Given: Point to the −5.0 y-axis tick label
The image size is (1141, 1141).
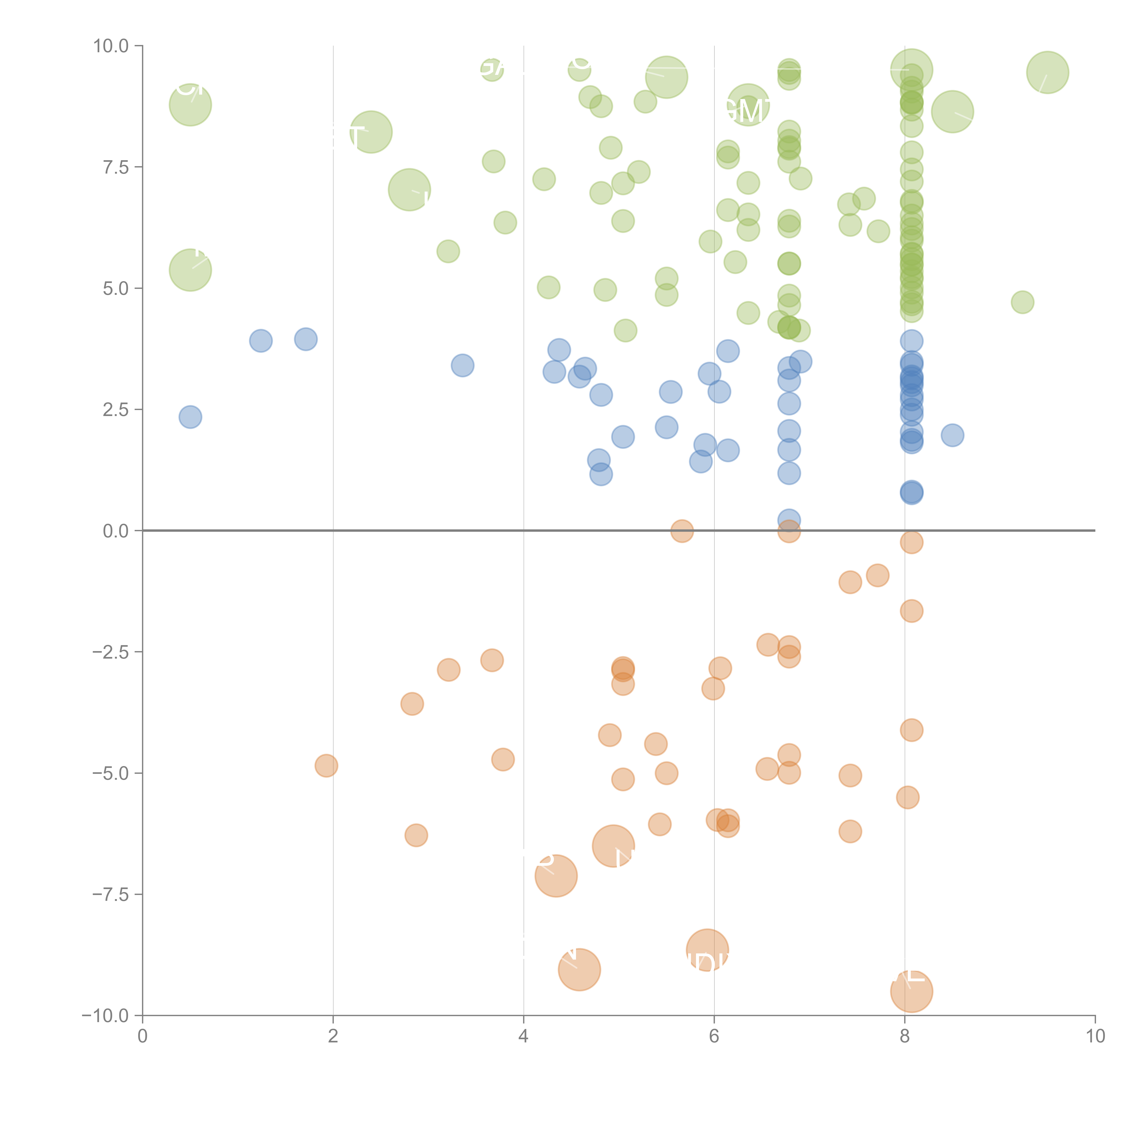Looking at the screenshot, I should [x=110, y=773].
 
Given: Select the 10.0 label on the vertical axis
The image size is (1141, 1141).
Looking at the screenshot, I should [x=110, y=46].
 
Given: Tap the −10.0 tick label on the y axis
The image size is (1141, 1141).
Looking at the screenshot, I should [x=105, y=1016].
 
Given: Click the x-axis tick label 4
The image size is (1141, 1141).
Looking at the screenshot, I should [x=523, y=1036].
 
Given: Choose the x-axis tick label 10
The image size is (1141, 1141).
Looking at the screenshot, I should [x=1095, y=1036].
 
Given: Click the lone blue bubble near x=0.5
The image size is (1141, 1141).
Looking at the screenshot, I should [x=190, y=417].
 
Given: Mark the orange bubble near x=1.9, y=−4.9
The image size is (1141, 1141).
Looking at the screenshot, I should [x=326, y=766].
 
